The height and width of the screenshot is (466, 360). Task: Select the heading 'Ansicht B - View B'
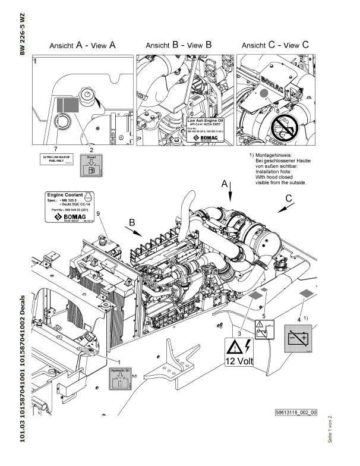coord(178,45)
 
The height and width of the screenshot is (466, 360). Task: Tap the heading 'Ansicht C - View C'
coord(276,45)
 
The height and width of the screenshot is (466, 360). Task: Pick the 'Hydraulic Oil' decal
coord(121,378)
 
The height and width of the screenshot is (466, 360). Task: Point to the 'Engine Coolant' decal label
coord(67,207)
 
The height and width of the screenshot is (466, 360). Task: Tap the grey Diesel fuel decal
coord(91,164)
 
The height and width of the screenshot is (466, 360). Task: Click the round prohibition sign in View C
coord(285,125)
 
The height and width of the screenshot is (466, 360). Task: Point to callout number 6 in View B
coord(192,112)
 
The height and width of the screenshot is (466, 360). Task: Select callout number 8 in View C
coord(277,111)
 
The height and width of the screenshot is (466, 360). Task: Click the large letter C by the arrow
coord(289,197)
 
